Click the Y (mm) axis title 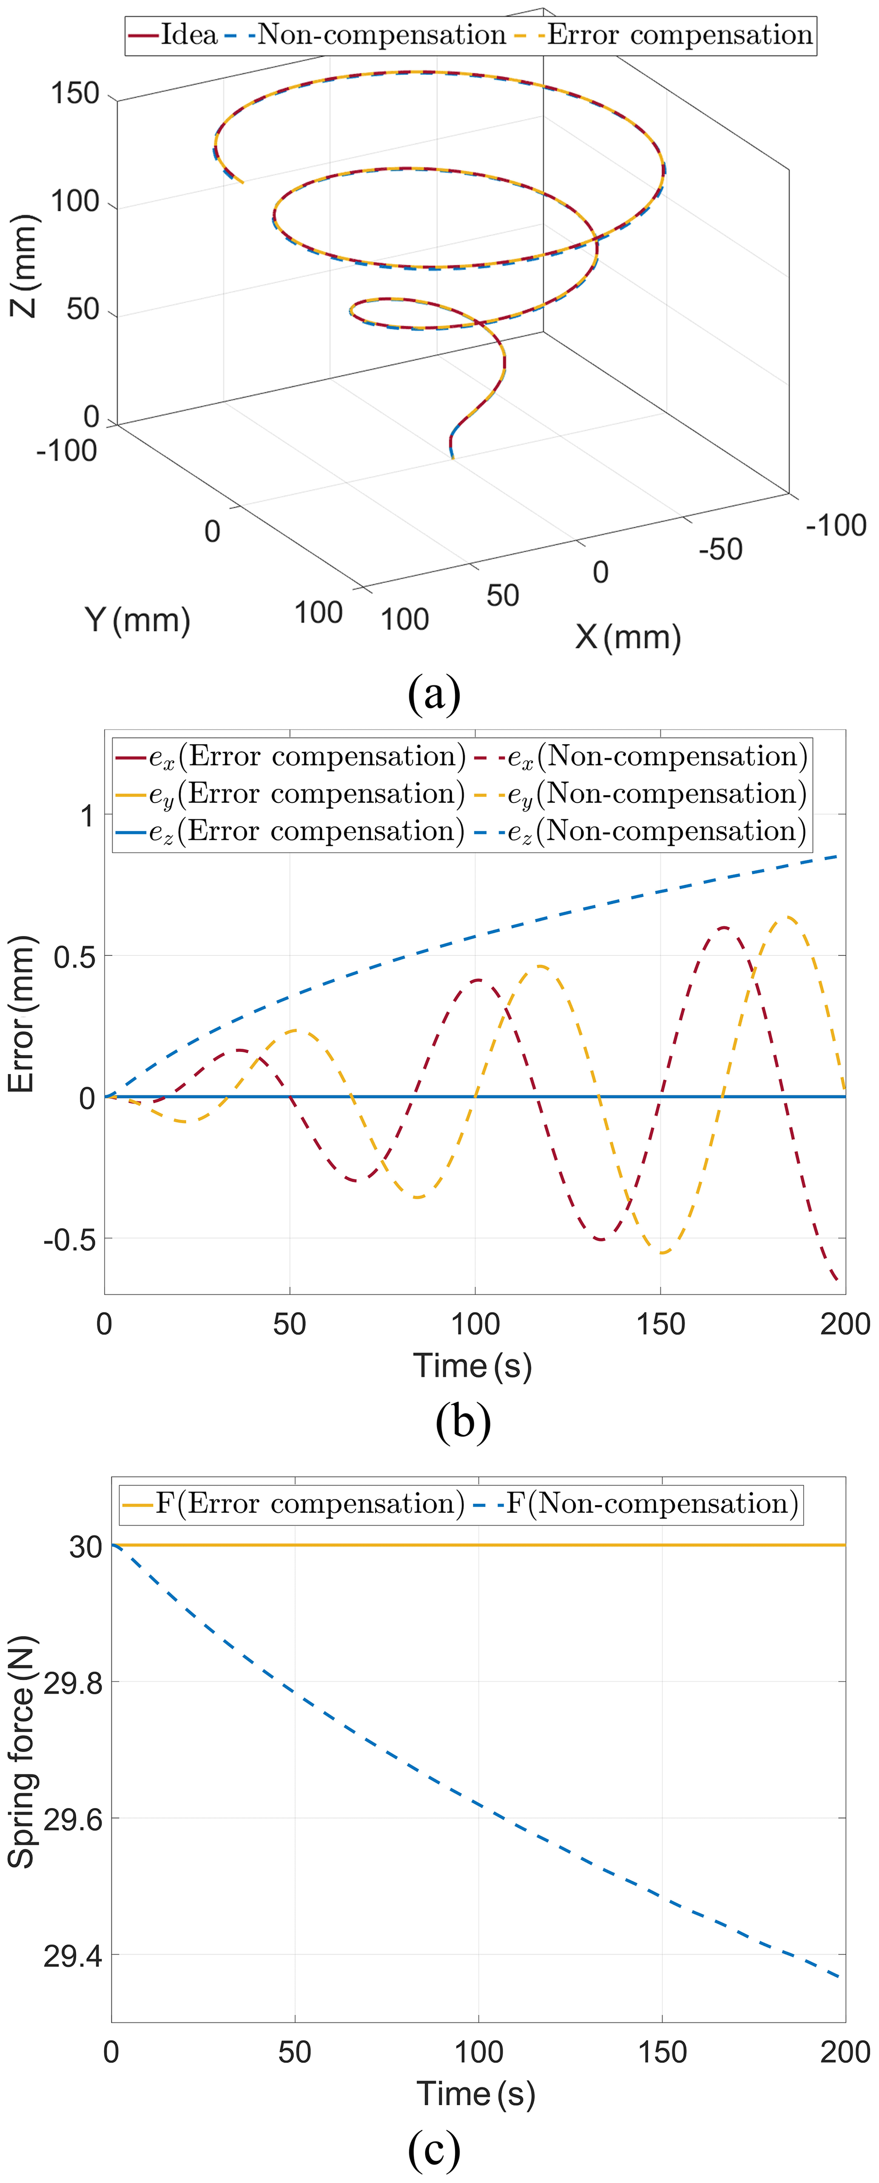pyautogui.click(x=137, y=620)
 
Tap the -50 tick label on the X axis pyautogui.click(x=720, y=549)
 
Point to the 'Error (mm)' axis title pyautogui.click(x=21, y=1015)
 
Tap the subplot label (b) pyautogui.click(x=463, y=1421)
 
